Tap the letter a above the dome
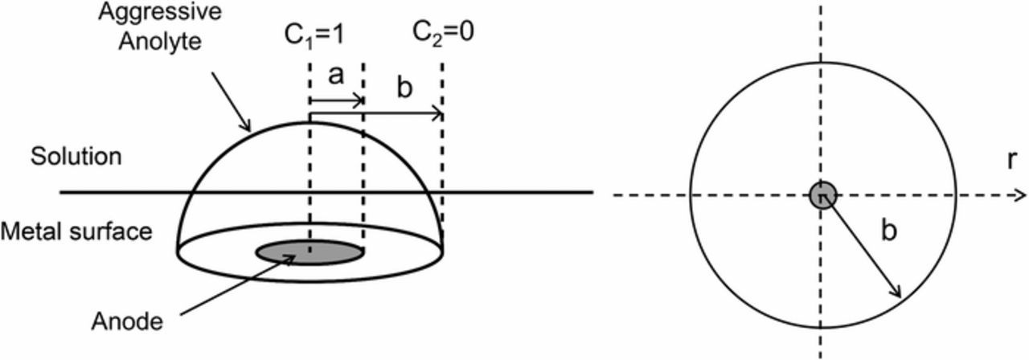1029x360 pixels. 337,76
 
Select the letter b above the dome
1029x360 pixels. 404,88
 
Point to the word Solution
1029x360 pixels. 76,156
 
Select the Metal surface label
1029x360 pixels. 76,232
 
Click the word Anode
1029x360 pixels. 137,322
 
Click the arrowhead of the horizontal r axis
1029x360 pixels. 1020,194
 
